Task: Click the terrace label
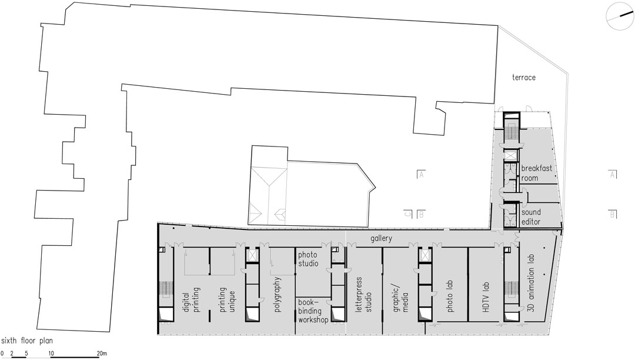tap(524, 77)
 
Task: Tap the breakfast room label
tap(537, 173)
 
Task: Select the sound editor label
tap(531, 217)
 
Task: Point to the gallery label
tap(381, 238)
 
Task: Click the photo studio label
tap(308, 259)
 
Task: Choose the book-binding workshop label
tap(313, 311)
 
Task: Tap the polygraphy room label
tap(278, 294)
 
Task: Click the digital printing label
tap(191, 299)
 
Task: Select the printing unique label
tap(227, 299)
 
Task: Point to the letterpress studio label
tap(363, 294)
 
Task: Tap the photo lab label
tap(450, 296)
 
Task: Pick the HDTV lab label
tap(486, 297)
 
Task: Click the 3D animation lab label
tap(532, 283)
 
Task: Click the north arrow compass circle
tap(620, 16)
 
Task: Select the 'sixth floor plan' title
tap(26, 341)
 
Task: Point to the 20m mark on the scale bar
tap(102, 354)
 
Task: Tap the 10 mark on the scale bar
tap(51, 354)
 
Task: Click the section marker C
tap(408, 214)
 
